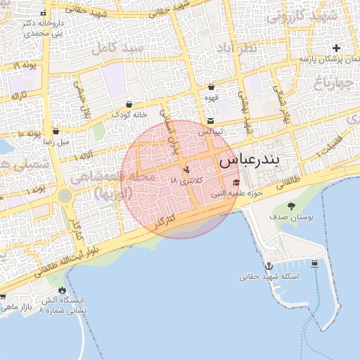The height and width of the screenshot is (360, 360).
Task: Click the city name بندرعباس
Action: point(249,160)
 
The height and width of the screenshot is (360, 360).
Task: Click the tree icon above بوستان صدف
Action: point(292,206)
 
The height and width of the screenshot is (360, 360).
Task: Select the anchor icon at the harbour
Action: point(269,266)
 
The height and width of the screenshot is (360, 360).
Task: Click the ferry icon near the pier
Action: point(314,264)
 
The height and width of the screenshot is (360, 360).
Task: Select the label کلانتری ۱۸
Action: point(186,181)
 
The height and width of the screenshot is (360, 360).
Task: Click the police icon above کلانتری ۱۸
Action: point(186,169)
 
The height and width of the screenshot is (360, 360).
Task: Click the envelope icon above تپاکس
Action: point(210,121)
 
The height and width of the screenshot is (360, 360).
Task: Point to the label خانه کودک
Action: point(131,114)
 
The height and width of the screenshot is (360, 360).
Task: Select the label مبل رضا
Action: point(56,141)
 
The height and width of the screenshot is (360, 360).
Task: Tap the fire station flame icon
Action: point(62,290)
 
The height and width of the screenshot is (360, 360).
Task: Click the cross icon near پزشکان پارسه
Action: point(336,49)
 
